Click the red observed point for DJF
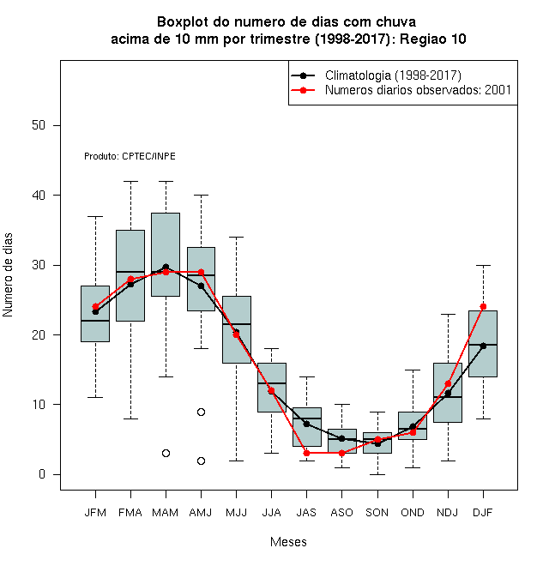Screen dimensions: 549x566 point(483,306)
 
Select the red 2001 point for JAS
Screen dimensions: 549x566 point(306,453)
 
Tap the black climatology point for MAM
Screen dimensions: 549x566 point(166,267)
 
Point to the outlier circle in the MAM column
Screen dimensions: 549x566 point(166,453)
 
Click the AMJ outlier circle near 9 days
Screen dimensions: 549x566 point(202,412)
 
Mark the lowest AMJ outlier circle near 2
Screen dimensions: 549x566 point(202,461)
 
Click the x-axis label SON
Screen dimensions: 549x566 point(377,513)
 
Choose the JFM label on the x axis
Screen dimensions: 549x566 point(95,513)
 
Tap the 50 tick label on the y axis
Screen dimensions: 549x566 point(39,125)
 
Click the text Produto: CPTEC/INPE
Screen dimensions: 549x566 point(130,156)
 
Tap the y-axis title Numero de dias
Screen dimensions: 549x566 point(8,275)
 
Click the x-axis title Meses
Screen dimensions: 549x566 point(288,542)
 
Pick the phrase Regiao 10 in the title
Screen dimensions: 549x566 point(432,39)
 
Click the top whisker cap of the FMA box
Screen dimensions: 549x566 point(130,181)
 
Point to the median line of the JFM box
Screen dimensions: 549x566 point(95,321)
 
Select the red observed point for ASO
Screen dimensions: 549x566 point(341,453)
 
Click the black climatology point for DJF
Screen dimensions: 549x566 point(483,346)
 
